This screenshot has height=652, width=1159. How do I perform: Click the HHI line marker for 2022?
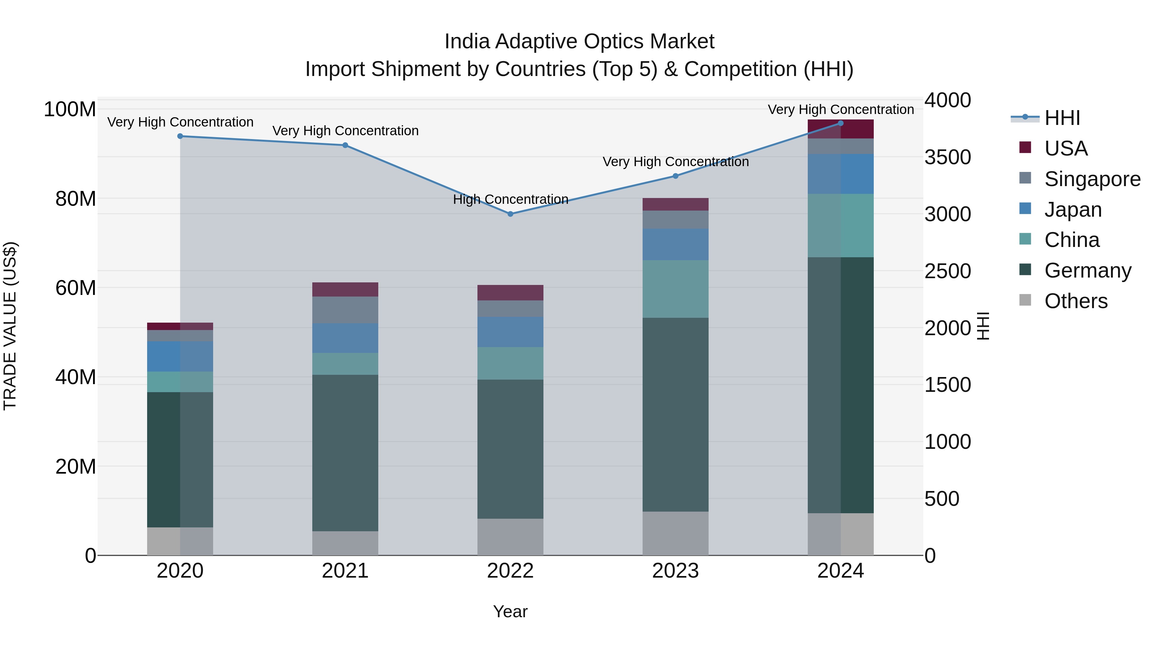click(510, 214)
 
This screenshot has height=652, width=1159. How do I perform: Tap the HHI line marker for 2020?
click(180, 136)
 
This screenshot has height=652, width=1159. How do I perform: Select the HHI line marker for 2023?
click(675, 176)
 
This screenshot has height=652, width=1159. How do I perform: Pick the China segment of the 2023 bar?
click(675, 289)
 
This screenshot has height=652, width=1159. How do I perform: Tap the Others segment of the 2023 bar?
click(675, 533)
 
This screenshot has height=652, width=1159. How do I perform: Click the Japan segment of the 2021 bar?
click(345, 338)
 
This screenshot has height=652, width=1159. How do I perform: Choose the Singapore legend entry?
click(1092, 179)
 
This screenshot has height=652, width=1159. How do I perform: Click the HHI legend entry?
click(1062, 118)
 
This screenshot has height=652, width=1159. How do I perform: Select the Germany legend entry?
click(1088, 271)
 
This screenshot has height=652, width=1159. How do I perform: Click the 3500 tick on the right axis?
click(947, 157)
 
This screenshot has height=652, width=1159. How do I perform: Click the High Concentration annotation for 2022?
click(510, 199)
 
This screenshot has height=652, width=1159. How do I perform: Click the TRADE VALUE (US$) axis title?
click(10, 326)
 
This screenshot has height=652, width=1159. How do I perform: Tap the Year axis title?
click(510, 611)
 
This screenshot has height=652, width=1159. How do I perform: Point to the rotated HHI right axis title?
click(984, 326)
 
